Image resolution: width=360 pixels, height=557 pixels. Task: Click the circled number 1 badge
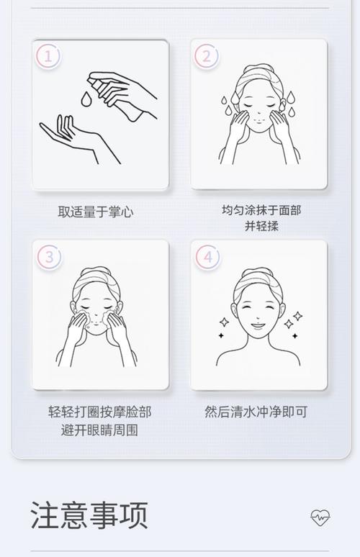[x=48, y=56]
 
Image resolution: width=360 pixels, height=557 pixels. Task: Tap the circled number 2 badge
[x=207, y=56]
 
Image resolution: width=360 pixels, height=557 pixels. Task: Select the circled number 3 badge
[x=48, y=256]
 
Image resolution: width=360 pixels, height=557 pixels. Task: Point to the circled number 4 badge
[x=207, y=256]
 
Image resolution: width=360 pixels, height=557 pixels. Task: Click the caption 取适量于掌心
[x=96, y=212]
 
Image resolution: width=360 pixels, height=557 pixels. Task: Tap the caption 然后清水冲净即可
[x=256, y=412]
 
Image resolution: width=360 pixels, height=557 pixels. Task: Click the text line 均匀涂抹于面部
[x=261, y=210]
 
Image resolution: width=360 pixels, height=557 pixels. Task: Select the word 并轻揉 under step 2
[x=261, y=227]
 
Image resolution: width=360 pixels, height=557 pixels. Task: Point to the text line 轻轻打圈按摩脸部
[x=100, y=412]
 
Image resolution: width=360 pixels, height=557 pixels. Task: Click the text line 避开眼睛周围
[x=100, y=430]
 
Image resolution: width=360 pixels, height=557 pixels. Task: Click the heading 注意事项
[x=89, y=515]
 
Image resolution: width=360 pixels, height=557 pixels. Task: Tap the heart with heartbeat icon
[x=320, y=517]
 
